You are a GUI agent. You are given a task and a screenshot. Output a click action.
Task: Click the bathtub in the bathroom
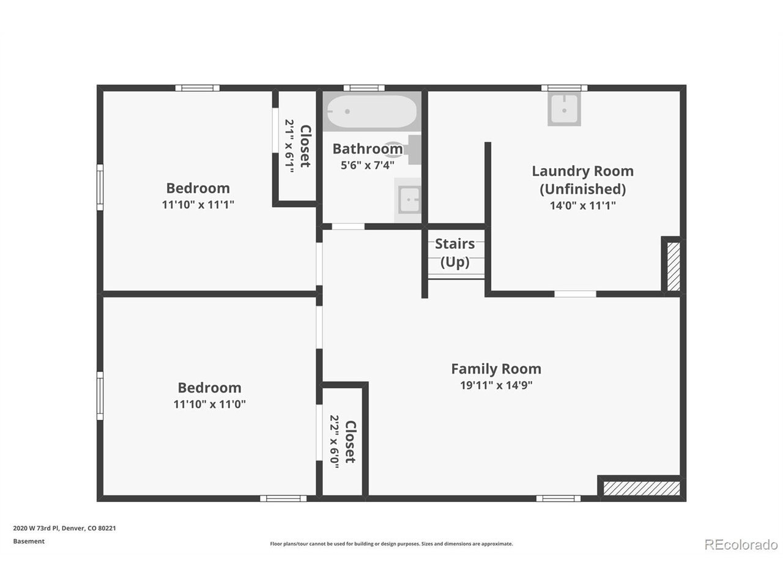point(371,111)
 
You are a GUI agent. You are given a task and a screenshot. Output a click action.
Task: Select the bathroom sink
point(409,200)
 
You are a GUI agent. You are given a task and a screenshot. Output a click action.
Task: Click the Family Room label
point(496,369)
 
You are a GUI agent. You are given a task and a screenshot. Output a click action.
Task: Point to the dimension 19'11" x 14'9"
point(496,385)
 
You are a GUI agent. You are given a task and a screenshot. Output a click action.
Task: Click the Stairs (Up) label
point(455,253)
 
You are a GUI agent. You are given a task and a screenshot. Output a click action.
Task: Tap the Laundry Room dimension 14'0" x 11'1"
point(582,205)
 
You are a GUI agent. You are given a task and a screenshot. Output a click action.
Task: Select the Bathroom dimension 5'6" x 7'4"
point(368,165)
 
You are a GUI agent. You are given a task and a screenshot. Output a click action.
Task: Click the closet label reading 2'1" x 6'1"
point(289,146)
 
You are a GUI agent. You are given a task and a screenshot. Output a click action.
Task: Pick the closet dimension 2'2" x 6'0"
point(334,441)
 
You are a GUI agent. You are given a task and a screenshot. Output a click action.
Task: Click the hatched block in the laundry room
point(674,267)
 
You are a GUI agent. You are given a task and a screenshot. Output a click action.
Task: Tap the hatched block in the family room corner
point(641,489)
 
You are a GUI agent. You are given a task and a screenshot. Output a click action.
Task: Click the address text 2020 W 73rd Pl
point(35,528)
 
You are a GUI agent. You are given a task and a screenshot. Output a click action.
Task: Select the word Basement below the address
point(29,541)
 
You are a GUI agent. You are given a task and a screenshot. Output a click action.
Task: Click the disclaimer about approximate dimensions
point(391,544)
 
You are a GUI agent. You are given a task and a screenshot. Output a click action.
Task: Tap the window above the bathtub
point(364,88)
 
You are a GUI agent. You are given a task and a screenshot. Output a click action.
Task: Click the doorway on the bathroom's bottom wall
point(348,226)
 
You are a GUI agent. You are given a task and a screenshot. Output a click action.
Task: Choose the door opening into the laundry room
point(575,294)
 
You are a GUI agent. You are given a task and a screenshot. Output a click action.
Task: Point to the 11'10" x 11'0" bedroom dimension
point(209,405)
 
